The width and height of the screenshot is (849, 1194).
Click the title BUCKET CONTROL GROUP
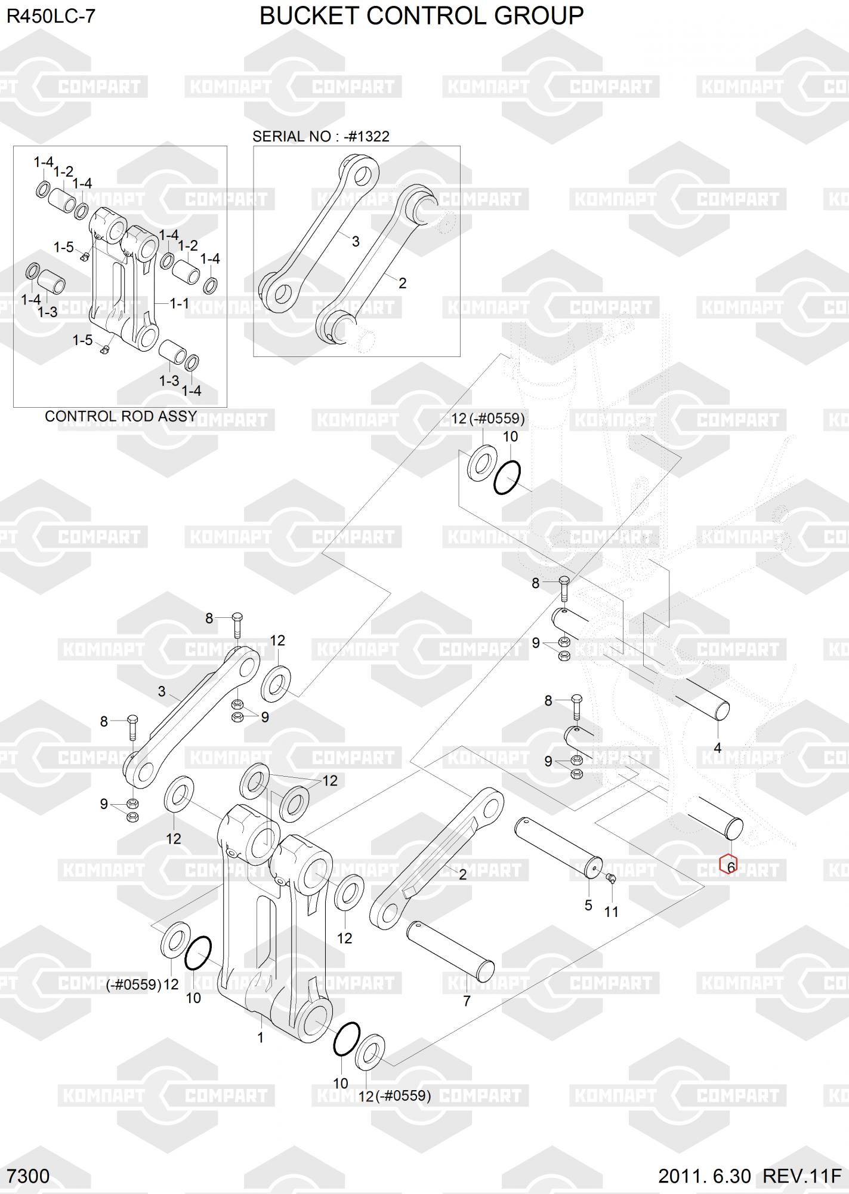pyautogui.click(x=422, y=16)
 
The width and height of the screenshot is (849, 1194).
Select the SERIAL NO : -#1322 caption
pyautogui.click(x=321, y=136)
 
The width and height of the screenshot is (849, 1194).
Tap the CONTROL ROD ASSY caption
pyautogui.click(x=121, y=416)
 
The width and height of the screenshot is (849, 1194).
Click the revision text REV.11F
pyautogui.click(x=802, y=1176)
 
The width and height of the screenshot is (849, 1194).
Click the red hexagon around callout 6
pyautogui.click(x=728, y=864)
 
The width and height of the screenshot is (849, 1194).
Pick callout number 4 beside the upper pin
pyautogui.click(x=718, y=747)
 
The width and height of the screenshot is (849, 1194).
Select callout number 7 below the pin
pyautogui.click(x=467, y=1001)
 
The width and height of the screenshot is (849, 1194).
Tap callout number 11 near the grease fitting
pyautogui.click(x=612, y=912)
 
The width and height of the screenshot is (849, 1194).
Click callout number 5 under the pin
pyautogui.click(x=588, y=906)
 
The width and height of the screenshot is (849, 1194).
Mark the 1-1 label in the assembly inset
pyautogui.click(x=179, y=304)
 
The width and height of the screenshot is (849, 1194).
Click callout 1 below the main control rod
pyautogui.click(x=260, y=1038)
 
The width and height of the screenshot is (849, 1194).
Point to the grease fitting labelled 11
pyautogui.click(x=609, y=877)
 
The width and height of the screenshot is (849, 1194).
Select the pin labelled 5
pyautogui.click(x=558, y=847)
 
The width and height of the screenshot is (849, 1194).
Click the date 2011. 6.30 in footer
pyautogui.click(x=705, y=1176)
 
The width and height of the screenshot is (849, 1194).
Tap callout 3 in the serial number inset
pyautogui.click(x=356, y=242)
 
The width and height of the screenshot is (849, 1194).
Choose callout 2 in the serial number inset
pyautogui.click(x=402, y=283)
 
